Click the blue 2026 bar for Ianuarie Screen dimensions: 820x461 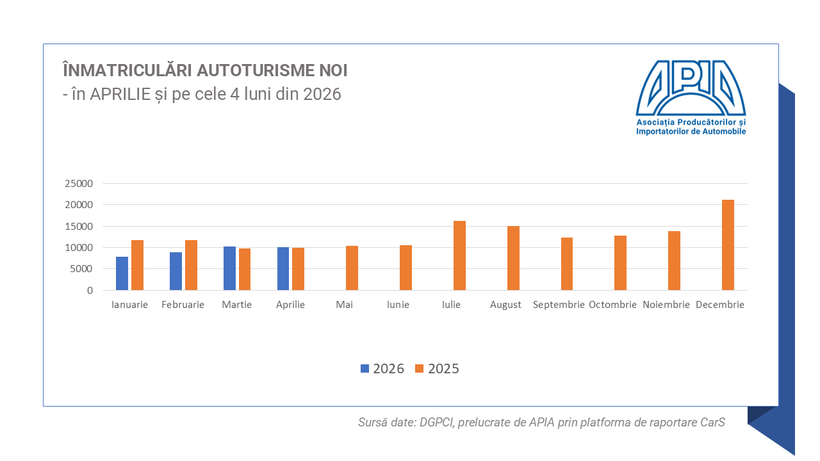[122, 273]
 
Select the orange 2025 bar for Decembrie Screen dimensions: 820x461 [728, 245]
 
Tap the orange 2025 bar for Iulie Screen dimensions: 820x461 [459, 255]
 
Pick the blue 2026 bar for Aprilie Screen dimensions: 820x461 [283, 268]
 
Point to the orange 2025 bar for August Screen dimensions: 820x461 [513, 258]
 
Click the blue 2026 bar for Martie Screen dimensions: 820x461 [229, 268]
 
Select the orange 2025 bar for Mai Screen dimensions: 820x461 [352, 268]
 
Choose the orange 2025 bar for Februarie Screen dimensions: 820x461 [191, 265]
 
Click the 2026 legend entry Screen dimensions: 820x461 [382, 368]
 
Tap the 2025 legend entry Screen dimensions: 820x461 [437, 368]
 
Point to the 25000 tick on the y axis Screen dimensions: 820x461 [79, 183]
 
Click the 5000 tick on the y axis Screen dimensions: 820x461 [81, 269]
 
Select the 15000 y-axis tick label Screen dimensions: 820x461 [79, 227]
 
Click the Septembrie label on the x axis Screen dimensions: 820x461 [559, 305]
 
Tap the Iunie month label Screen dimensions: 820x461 [398, 305]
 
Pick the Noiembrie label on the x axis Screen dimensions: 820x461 [666, 305]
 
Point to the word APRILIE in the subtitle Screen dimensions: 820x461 [120, 94]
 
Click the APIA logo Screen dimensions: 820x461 [691, 97]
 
